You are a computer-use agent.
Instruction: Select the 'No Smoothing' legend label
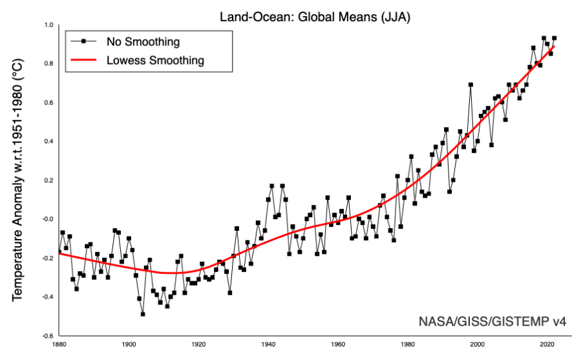point(143,43)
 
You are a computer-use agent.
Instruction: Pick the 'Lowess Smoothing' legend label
point(155,61)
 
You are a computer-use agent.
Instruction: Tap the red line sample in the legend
point(83,61)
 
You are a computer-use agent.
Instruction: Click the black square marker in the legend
point(83,43)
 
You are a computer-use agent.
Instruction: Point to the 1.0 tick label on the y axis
point(48,25)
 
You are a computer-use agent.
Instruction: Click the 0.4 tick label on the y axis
point(48,141)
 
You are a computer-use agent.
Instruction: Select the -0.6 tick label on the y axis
point(47,335)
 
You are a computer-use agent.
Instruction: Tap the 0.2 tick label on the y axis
point(48,180)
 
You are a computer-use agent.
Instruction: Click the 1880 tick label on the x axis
point(59,343)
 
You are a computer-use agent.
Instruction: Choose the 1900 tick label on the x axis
point(129,343)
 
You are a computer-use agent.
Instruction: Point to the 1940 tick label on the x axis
point(268,343)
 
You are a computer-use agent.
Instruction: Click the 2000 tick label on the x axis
point(478,343)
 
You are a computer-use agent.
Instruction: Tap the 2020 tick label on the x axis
point(547,343)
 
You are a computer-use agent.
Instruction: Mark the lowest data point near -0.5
point(143,314)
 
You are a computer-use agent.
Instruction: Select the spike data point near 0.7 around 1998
point(470,85)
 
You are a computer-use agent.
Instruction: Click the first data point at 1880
point(59,251)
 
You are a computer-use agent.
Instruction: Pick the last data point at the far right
point(555,38)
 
